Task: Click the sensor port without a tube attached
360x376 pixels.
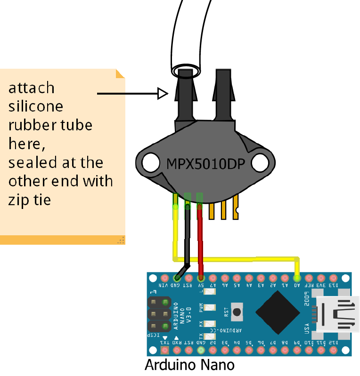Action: tap(223, 94)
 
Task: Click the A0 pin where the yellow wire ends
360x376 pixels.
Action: tap(297, 278)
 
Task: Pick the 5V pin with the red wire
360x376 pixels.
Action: tap(201, 278)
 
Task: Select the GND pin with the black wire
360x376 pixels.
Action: tap(176, 278)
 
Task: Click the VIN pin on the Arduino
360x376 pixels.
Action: tap(164, 278)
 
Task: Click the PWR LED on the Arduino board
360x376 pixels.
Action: tap(210, 307)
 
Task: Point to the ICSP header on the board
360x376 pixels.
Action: tap(159, 314)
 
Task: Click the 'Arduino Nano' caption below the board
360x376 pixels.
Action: tap(189, 365)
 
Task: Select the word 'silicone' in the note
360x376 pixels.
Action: tap(36, 106)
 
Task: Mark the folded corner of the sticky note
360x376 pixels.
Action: tap(120, 73)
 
